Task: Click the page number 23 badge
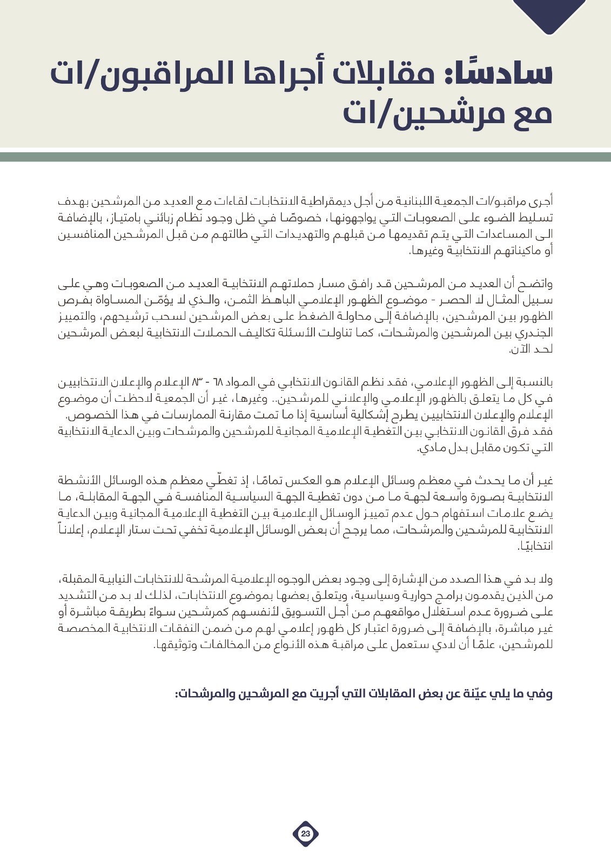306,834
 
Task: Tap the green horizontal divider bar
305,157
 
